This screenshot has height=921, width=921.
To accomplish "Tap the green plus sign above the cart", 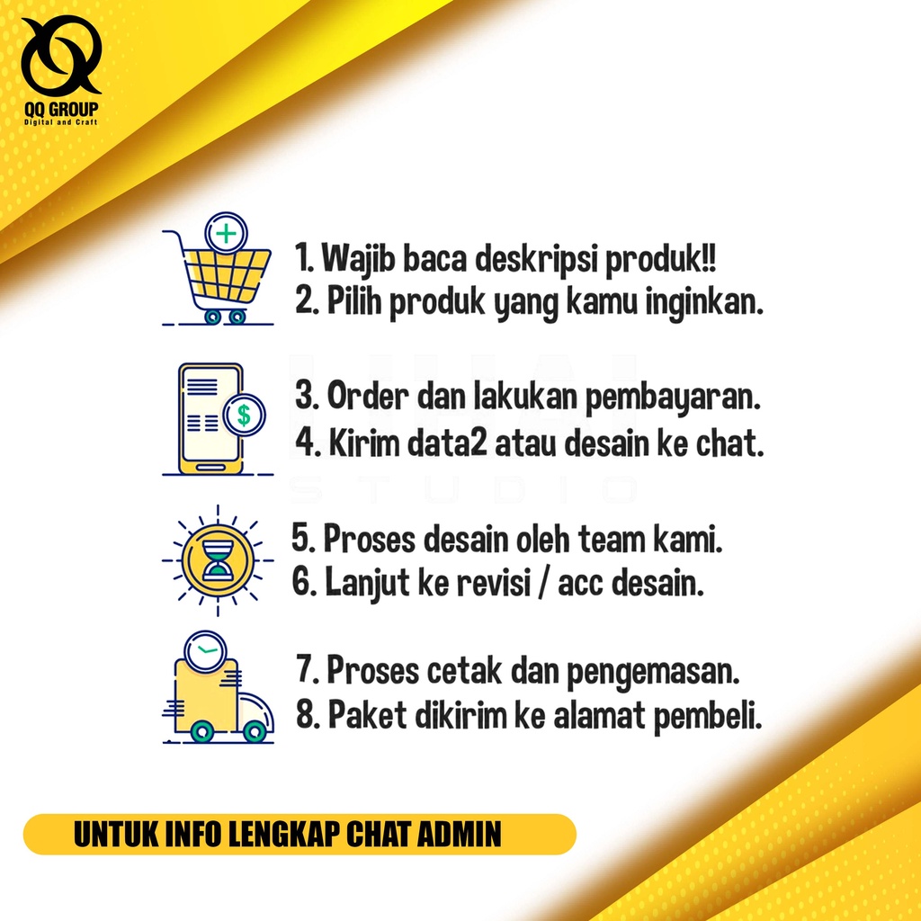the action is (226, 234).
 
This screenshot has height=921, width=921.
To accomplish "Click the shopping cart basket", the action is (228, 274).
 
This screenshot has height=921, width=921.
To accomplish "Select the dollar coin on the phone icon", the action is (244, 415).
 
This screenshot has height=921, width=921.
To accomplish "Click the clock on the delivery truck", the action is (205, 651).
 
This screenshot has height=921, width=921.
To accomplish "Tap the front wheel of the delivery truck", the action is (255, 731).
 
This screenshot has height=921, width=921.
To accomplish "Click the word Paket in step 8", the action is (367, 715).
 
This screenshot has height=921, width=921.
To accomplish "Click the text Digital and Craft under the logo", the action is (60, 122).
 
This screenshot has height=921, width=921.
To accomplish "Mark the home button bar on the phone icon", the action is (210, 467).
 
